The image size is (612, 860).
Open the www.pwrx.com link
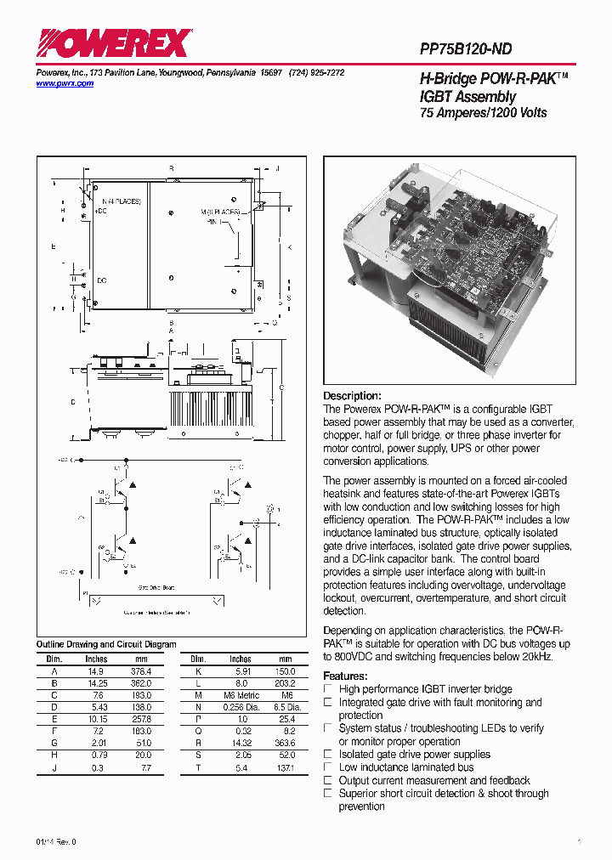tap(65, 84)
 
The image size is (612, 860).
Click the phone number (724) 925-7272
tap(316, 73)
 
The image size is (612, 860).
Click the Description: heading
tap(352, 396)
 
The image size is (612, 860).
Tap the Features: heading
tap(345, 676)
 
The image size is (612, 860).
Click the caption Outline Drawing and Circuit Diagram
tap(106, 644)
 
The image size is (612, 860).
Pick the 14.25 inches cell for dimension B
tap(96, 682)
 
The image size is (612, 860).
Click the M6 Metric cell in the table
tap(241, 695)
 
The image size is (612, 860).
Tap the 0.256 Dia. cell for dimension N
tap(240, 707)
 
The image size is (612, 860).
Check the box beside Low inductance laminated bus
tap(328, 767)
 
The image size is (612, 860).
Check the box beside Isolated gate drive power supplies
tap(328, 754)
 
